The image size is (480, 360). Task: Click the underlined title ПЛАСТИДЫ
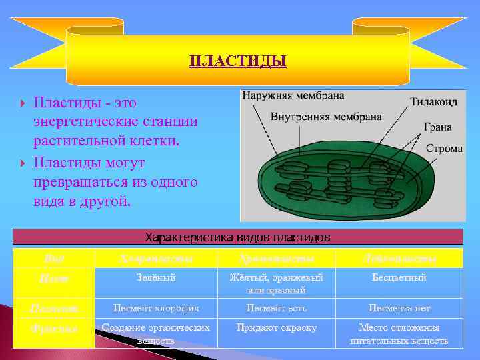pyautogui.click(x=238, y=62)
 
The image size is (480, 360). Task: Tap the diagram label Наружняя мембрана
pyautogui.click(x=293, y=96)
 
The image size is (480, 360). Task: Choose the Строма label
pyautogui.click(x=443, y=148)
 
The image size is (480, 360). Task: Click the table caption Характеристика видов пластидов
pyautogui.click(x=238, y=237)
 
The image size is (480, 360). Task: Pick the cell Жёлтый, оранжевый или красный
pyautogui.click(x=276, y=283)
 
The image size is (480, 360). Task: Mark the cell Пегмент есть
pyautogui.click(x=276, y=308)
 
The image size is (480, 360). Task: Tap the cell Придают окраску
pyautogui.click(x=276, y=328)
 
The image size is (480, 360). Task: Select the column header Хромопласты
pyautogui.click(x=276, y=258)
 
